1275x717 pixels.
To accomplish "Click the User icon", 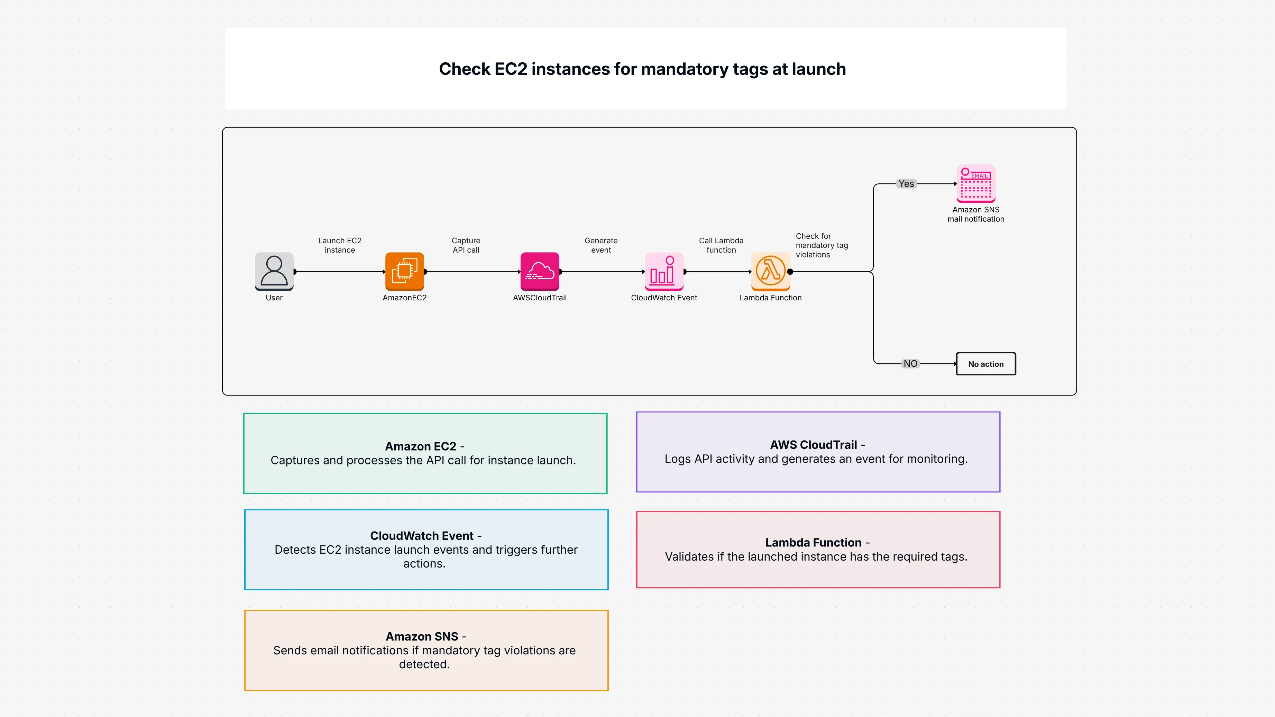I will (x=274, y=271).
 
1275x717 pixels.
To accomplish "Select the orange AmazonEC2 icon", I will (x=404, y=271).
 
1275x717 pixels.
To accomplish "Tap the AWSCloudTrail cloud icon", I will (x=540, y=271).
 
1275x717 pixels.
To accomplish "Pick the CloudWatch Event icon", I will (x=664, y=271).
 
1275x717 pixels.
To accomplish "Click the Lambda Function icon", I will (x=770, y=271).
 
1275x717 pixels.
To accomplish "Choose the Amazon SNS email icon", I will (x=975, y=183).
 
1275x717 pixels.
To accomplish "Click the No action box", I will (x=985, y=364).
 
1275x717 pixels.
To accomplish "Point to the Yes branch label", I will (x=906, y=184).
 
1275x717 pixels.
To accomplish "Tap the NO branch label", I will (x=910, y=363).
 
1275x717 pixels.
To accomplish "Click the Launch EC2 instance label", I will (x=340, y=245).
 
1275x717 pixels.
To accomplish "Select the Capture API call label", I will (x=466, y=245).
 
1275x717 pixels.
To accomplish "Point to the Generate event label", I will (x=601, y=245).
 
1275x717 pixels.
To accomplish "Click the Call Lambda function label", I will (x=721, y=245).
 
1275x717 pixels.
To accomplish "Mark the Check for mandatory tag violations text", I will (x=821, y=245).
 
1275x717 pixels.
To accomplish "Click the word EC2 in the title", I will (x=511, y=69).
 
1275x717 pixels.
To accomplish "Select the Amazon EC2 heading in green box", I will (x=420, y=446).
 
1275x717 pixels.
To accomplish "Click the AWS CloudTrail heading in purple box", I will (x=813, y=445).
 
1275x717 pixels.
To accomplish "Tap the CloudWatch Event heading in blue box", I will (x=422, y=536).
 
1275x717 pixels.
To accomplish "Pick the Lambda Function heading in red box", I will (x=813, y=543).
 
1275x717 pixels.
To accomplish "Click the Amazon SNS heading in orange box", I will (x=422, y=636).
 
